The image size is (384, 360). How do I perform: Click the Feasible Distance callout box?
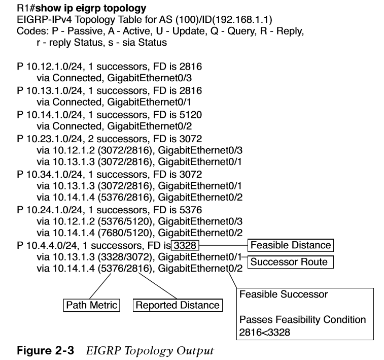click(x=291, y=245)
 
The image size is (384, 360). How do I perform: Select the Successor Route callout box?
click(x=291, y=262)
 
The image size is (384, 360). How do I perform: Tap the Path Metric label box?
click(x=92, y=305)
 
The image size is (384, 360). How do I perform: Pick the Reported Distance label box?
click(x=178, y=305)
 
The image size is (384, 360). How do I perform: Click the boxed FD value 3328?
click(x=185, y=245)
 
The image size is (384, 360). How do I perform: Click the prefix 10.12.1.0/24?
click(x=54, y=67)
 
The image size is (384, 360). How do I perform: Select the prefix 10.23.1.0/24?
click(x=54, y=139)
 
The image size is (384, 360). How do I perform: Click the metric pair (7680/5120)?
click(x=125, y=233)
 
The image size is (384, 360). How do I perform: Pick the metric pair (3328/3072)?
click(x=125, y=257)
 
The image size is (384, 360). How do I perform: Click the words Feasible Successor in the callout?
click(x=284, y=294)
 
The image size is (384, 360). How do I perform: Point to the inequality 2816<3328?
click(x=264, y=332)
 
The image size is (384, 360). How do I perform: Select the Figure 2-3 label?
click(x=45, y=350)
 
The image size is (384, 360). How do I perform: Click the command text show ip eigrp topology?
click(x=91, y=8)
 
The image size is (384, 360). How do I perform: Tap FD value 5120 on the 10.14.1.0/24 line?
click(x=191, y=115)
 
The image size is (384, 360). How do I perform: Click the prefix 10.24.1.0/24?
click(x=54, y=210)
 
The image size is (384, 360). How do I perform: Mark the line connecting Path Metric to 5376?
click(x=100, y=286)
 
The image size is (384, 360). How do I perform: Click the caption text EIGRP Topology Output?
click(x=150, y=351)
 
